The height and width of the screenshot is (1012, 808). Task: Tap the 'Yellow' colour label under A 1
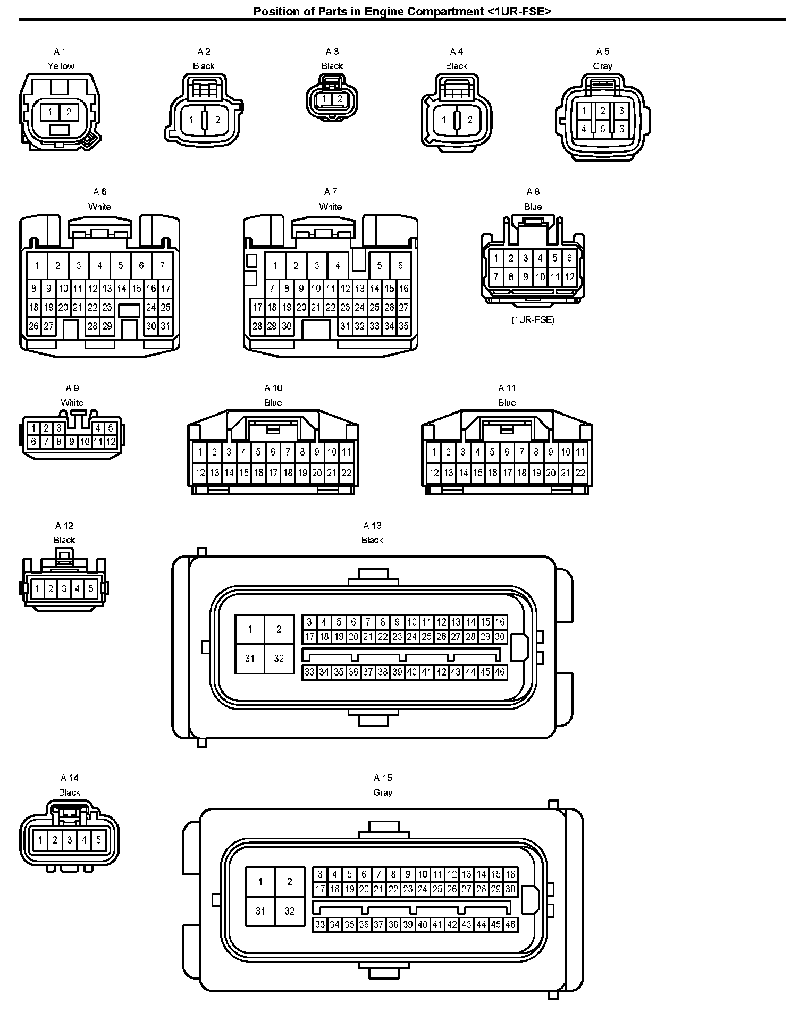(x=61, y=66)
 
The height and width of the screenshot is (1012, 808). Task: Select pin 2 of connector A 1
(x=69, y=112)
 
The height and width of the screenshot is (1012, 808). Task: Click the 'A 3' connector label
(x=332, y=52)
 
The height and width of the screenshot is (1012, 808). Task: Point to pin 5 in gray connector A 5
(x=602, y=129)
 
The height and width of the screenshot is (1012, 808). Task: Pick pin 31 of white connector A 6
(x=166, y=326)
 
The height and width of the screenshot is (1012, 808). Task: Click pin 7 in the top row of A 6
(x=162, y=265)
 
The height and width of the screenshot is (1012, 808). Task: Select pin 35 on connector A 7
(x=403, y=326)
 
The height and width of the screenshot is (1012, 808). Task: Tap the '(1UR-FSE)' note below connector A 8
(x=533, y=320)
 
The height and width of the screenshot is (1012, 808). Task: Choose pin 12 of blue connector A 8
(x=569, y=276)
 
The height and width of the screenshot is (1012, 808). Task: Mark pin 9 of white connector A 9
(x=72, y=442)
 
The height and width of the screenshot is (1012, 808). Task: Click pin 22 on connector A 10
(x=346, y=473)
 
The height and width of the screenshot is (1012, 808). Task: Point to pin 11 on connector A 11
(x=580, y=452)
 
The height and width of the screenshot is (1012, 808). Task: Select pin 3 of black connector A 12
(x=64, y=588)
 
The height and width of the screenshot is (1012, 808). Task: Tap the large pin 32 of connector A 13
(x=279, y=659)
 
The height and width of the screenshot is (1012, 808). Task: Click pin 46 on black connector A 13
(x=500, y=672)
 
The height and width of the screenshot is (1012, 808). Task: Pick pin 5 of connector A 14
(x=98, y=840)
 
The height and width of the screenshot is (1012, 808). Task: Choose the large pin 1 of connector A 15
(x=260, y=882)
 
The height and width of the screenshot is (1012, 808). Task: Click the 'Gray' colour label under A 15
(x=383, y=792)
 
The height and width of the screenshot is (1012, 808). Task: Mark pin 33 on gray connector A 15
(x=319, y=925)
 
